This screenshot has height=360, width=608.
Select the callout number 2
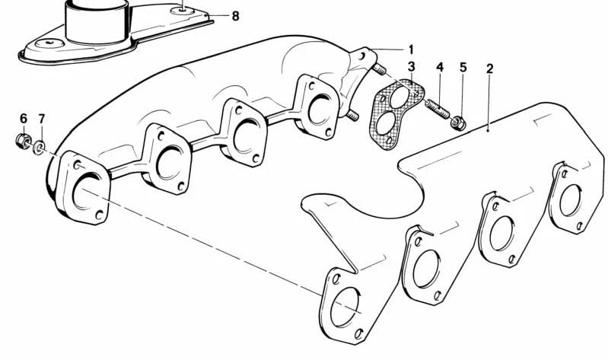click(490, 68)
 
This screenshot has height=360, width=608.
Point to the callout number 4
click(439, 68)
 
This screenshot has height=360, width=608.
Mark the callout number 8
click(234, 15)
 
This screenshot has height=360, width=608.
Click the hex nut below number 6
click(23, 140)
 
